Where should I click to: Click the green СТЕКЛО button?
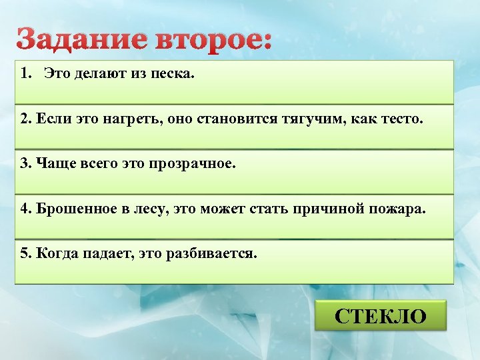pos(381,315)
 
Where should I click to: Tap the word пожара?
pos(401,209)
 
